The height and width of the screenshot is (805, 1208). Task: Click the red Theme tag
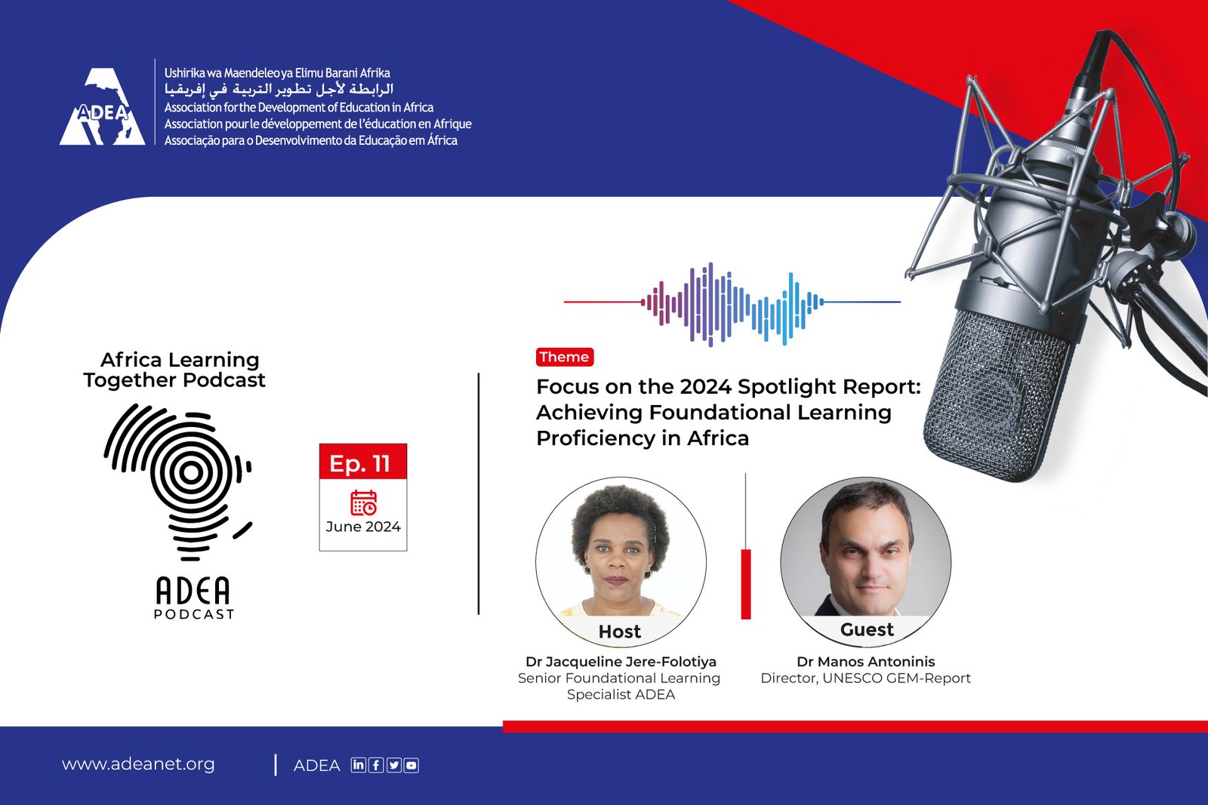pos(565,358)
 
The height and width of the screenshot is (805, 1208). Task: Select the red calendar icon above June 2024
pos(364,502)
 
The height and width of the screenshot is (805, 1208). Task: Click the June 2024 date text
pos(363,527)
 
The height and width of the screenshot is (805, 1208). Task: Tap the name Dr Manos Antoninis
pos(865,662)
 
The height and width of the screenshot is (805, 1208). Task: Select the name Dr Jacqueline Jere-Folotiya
pos(621,662)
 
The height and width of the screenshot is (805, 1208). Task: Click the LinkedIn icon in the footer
pos(358,764)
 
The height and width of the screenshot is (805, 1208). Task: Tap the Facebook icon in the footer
pos(376,765)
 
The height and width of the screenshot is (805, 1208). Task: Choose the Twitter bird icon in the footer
pos(393,765)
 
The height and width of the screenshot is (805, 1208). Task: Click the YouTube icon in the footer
pos(411,765)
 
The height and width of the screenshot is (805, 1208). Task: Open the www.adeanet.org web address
pos(138,764)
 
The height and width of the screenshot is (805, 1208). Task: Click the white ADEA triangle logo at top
pos(103,106)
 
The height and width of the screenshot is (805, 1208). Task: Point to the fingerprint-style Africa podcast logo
pos(178,482)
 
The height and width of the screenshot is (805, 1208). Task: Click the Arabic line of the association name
pos(279,88)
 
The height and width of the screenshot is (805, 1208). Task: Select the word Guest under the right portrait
pos(867,629)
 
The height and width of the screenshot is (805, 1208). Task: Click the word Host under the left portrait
pos(620,631)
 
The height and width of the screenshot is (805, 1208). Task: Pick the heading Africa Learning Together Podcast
pos(174,370)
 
